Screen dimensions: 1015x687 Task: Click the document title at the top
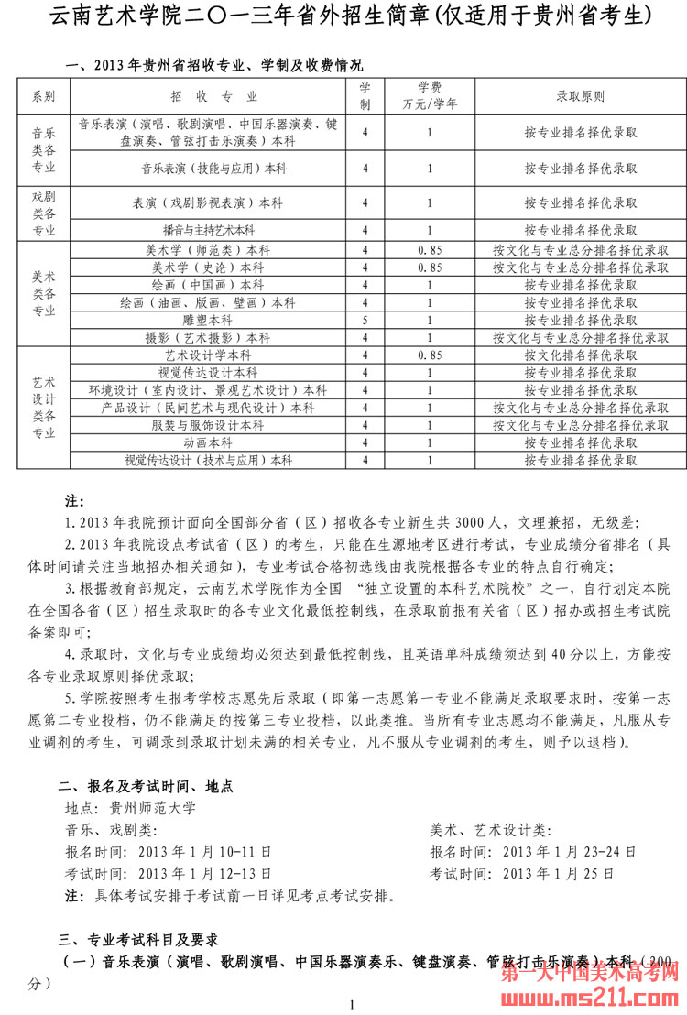pos(343,16)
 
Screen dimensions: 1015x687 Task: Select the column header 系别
pos(43,96)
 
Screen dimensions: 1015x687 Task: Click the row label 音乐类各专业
pos(43,149)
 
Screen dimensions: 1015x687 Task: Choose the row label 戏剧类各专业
pos(43,213)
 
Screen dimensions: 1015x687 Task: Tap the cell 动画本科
pos(208,442)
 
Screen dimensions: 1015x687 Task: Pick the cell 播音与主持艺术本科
pos(208,230)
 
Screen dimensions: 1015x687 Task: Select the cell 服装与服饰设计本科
pos(208,425)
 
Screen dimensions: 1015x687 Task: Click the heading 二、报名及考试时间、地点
pos(146,785)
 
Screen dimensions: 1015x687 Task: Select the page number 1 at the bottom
pos(351,1005)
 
